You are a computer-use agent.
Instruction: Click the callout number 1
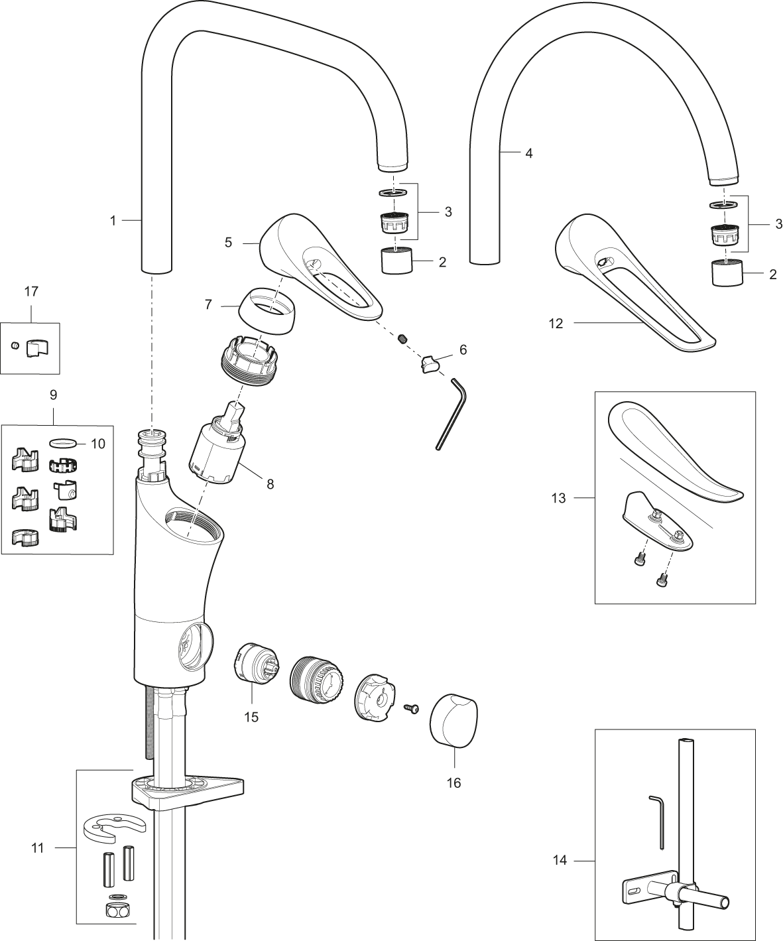coord(113,221)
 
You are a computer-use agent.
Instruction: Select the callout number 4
coord(529,154)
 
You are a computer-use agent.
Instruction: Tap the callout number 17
coord(31,292)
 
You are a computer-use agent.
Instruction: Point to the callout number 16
coord(453,783)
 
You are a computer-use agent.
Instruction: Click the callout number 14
coord(560,861)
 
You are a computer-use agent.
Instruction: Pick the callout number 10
coord(97,444)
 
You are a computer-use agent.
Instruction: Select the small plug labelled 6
coord(430,363)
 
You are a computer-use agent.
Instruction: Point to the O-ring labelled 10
coord(61,444)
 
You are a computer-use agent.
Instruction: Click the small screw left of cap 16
coord(412,709)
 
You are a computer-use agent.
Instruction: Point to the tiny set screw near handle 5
coord(402,338)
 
